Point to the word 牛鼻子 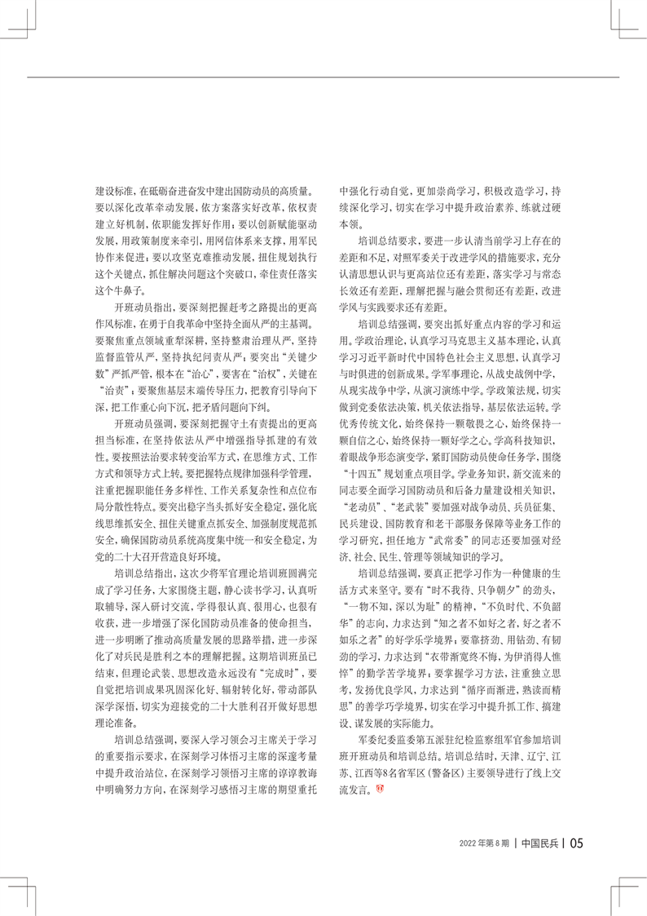(121, 286)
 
